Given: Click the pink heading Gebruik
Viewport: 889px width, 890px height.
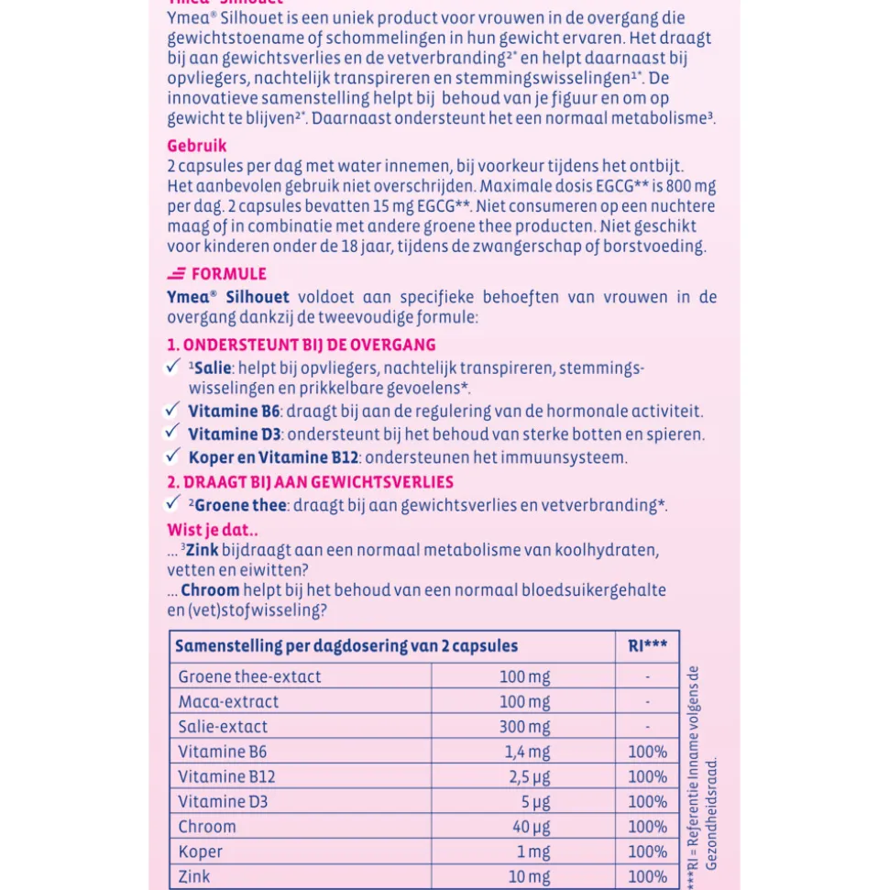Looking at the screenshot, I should coord(196,146).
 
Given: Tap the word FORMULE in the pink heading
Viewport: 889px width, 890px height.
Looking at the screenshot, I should coord(228,274).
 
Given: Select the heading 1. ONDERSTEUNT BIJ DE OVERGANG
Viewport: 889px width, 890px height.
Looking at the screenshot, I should coord(301,346).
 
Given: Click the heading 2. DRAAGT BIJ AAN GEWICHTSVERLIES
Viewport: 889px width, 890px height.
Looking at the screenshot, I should coord(310,482).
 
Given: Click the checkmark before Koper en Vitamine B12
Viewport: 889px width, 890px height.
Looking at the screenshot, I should coord(172,455).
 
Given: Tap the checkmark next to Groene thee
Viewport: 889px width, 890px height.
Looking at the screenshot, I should coord(172,503).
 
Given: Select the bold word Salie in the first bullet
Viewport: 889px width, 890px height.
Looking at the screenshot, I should coord(213,368).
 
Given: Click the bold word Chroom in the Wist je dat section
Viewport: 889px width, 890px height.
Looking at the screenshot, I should coord(210,590).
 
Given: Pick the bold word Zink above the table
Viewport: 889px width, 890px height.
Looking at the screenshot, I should coord(200,550).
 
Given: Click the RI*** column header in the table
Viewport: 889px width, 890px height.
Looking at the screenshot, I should coord(647,646).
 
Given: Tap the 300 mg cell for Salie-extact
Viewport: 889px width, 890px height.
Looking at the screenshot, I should coord(525,727).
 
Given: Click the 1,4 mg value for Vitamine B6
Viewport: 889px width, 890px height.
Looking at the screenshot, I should coord(528,753).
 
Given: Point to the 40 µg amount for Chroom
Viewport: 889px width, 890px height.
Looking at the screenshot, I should coord(531,827).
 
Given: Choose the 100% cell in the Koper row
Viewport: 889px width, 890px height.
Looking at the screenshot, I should coord(647,852).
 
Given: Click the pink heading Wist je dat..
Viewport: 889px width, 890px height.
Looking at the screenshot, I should coord(212,530).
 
